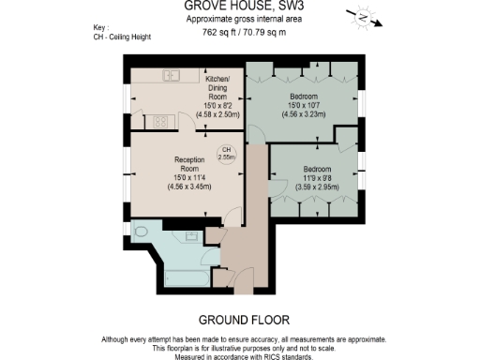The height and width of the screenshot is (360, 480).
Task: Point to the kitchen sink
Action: pos(172,74)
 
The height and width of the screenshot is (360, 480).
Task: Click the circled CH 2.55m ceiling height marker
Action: pos(226,155)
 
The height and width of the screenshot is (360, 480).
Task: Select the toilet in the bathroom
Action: pos(141,230)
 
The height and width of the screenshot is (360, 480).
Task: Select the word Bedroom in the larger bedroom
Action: pos(302,97)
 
